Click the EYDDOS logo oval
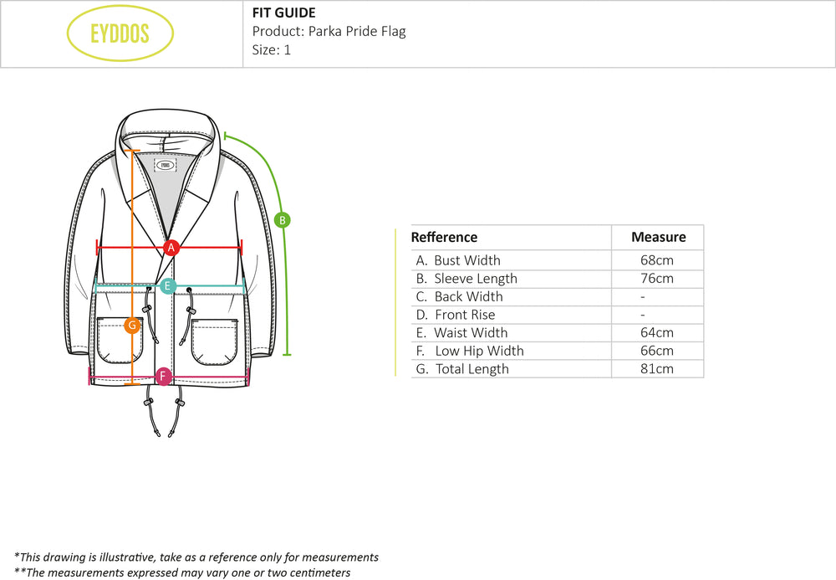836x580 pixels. pyautogui.click(x=120, y=33)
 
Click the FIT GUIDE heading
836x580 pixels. pyautogui.click(x=284, y=13)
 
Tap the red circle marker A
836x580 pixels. pyautogui.click(x=171, y=248)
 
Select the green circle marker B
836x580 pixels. pyautogui.click(x=283, y=220)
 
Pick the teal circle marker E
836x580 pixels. pyautogui.click(x=168, y=286)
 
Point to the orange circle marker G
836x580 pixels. pyautogui.click(x=131, y=326)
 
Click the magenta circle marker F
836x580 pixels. pyautogui.click(x=164, y=376)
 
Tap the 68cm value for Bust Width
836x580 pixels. pyautogui.click(x=656, y=260)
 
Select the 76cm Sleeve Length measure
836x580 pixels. pyautogui.click(x=656, y=279)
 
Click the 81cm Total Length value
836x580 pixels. pyautogui.click(x=656, y=369)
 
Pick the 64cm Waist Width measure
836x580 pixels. pyautogui.click(x=656, y=333)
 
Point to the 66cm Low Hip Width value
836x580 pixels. pyautogui.click(x=656, y=351)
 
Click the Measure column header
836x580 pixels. pyautogui.click(x=658, y=238)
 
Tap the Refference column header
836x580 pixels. pyautogui.click(x=444, y=238)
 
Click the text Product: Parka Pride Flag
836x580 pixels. pyautogui.click(x=329, y=32)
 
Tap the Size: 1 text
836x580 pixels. pyautogui.click(x=272, y=49)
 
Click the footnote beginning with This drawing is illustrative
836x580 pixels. pyautogui.click(x=196, y=557)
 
